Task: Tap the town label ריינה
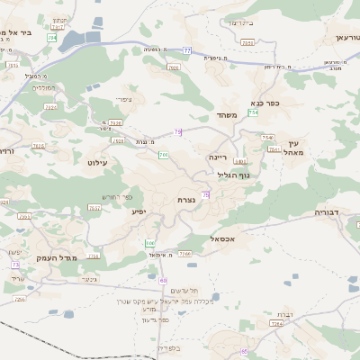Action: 219,156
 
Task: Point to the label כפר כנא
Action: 266,103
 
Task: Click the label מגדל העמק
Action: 43,258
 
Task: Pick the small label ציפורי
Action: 124,99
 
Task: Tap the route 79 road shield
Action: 178,132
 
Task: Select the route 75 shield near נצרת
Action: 206,194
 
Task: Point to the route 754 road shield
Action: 254,112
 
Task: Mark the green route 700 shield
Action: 163,156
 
